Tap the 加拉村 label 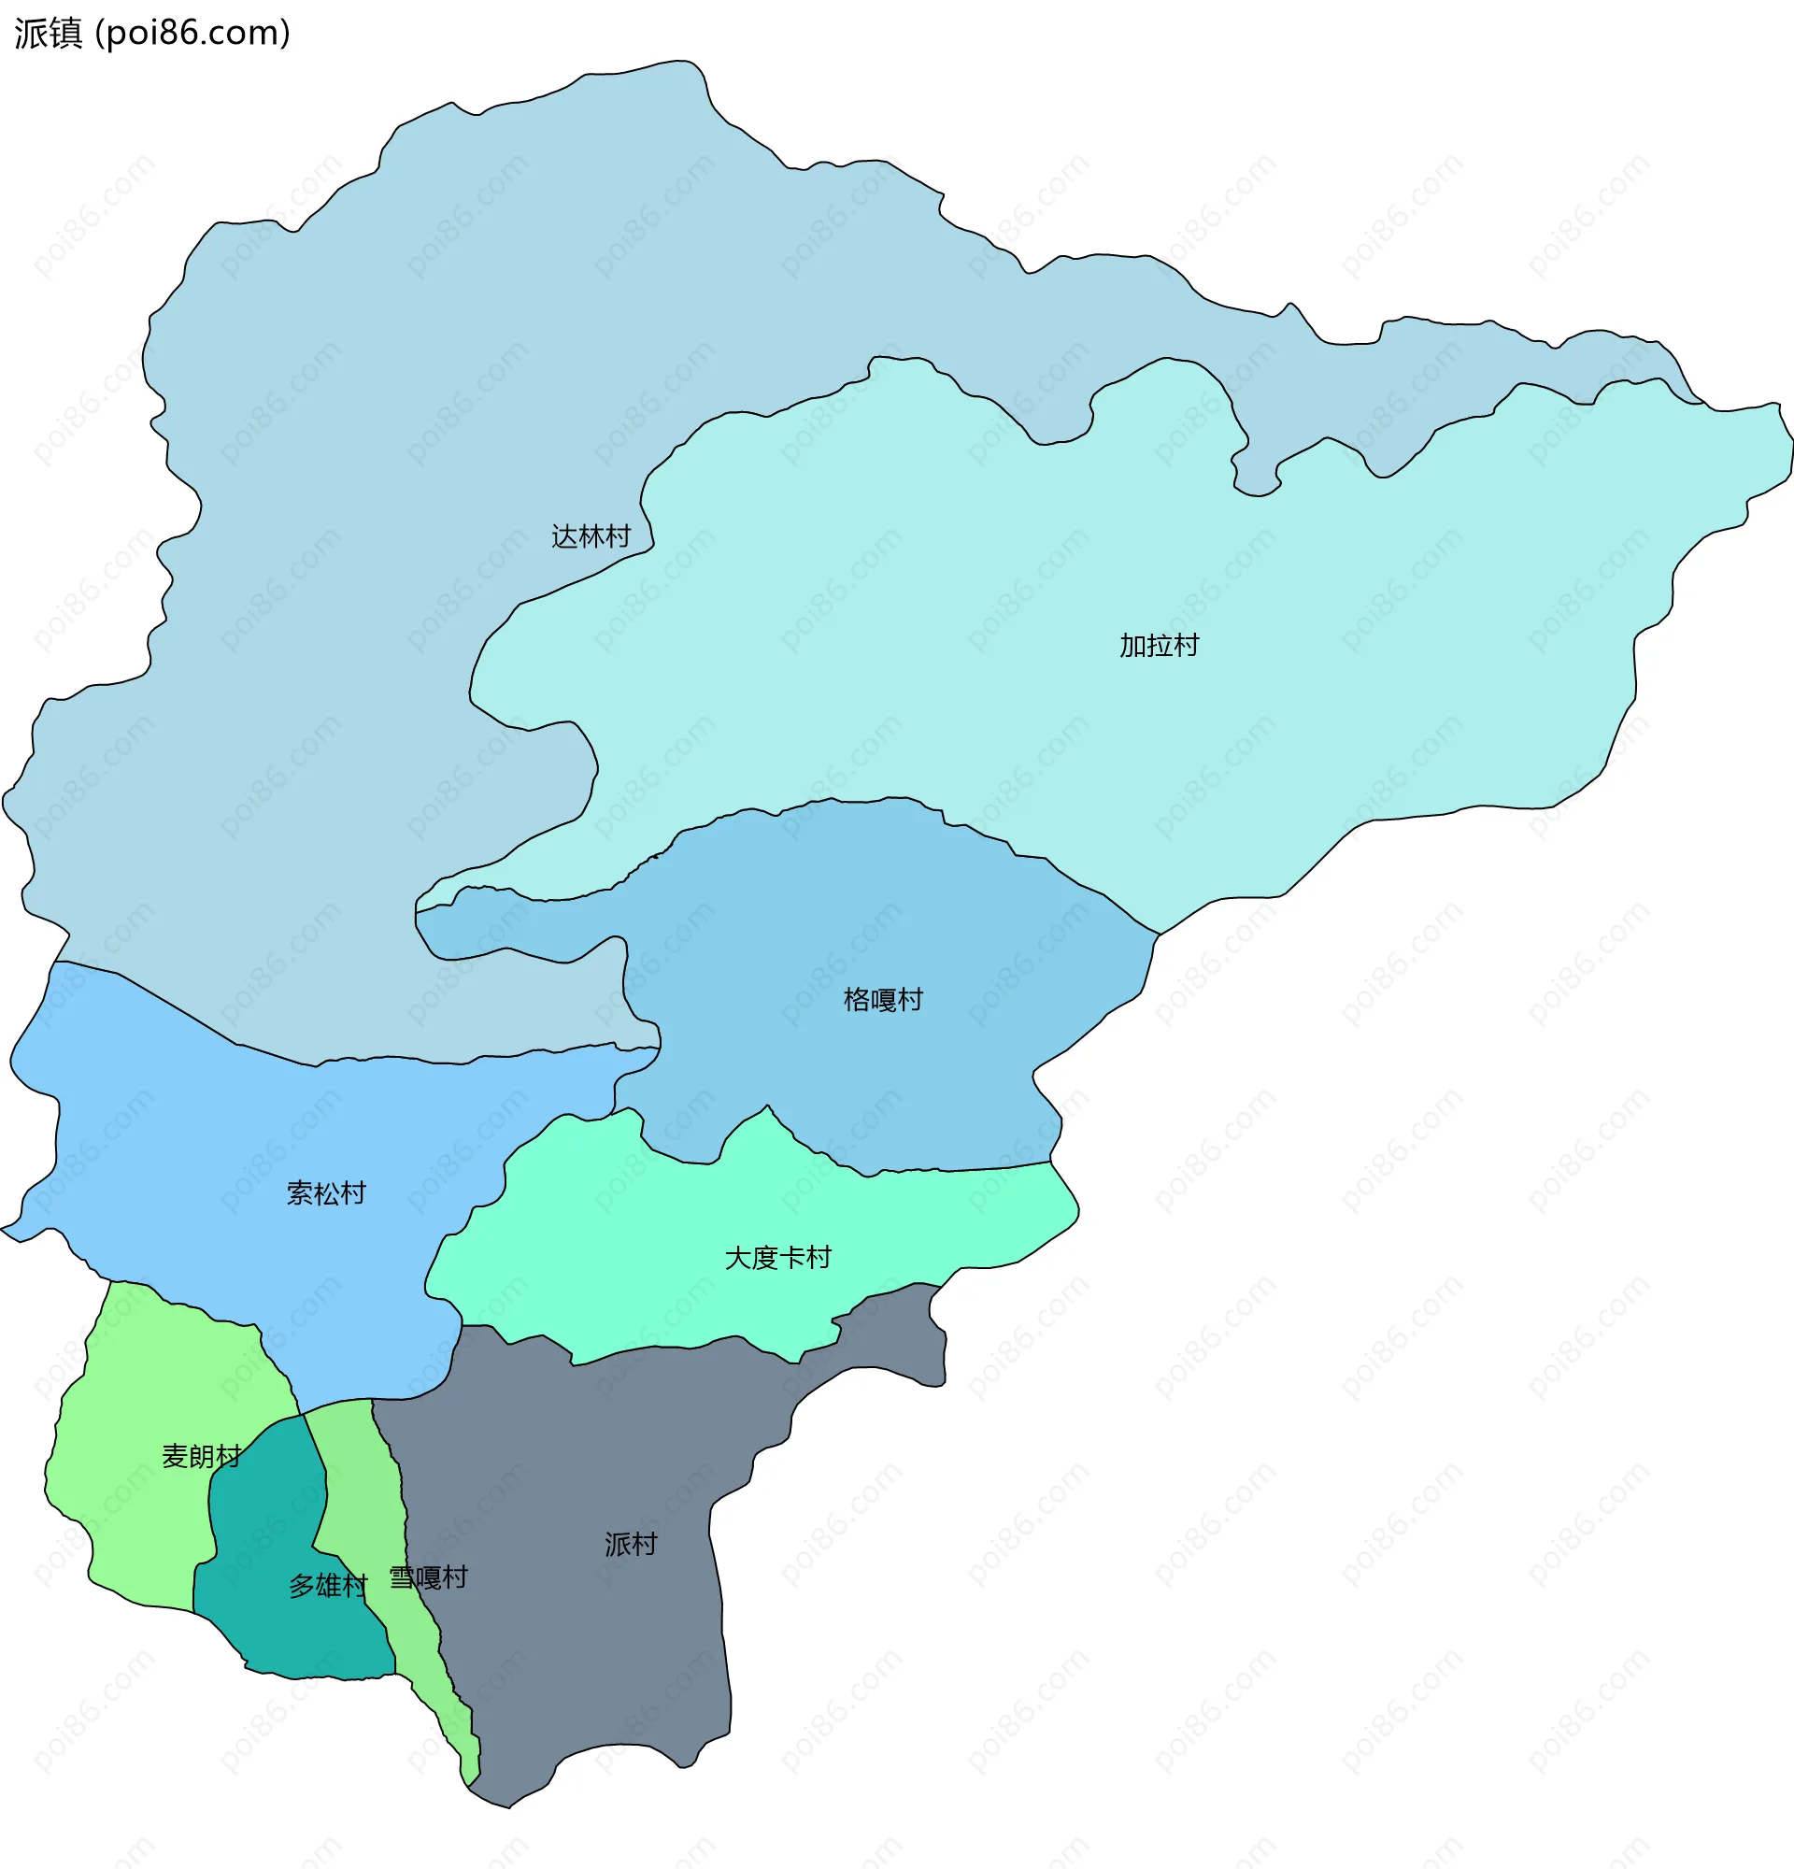click(x=1159, y=646)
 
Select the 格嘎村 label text click(x=883, y=999)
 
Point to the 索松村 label click(x=326, y=1193)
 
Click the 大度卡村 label click(x=777, y=1258)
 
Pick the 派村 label click(x=630, y=1544)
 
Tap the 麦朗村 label click(x=201, y=1456)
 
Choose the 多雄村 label click(x=328, y=1586)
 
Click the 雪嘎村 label click(x=428, y=1577)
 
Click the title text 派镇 click(x=49, y=34)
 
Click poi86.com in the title click(x=193, y=34)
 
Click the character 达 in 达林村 click(x=564, y=536)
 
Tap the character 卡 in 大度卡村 click(x=791, y=1258)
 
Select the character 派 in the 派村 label click(x=617, y=1544)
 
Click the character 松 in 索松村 click(x=326, y=1193)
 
